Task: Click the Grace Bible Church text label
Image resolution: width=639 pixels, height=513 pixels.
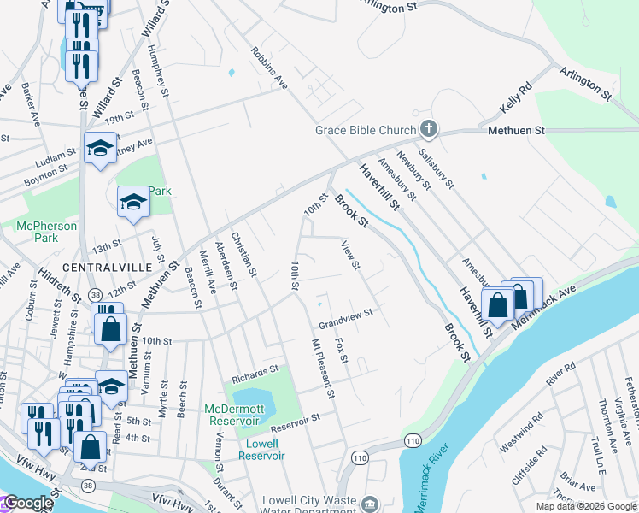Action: coord(365,130)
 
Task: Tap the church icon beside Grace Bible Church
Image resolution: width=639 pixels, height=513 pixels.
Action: coord(429,130)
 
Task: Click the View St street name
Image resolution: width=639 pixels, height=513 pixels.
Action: coord(349,256)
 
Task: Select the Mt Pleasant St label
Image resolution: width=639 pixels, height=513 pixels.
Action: coord(322,370)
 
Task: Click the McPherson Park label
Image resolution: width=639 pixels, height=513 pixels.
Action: coord(47,233)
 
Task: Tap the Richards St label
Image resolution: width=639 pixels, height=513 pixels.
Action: coord(255,372)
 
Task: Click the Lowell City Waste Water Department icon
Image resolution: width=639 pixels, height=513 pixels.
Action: coord(368,504)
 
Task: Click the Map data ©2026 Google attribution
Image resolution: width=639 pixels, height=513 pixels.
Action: coord(587,506)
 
